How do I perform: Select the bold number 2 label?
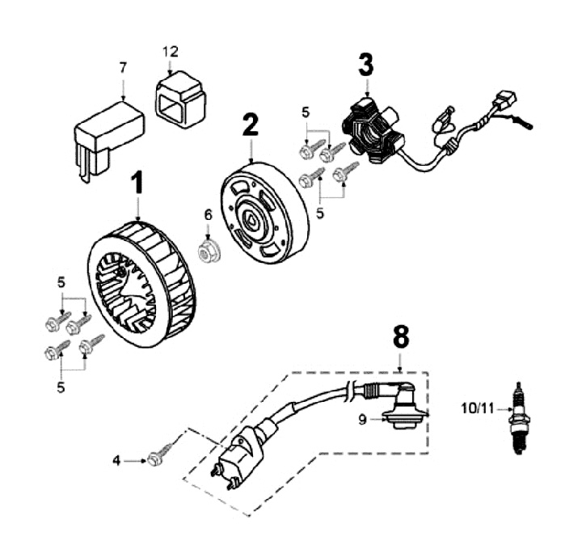tap(251, 125)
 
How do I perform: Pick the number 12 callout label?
tap(170, 51)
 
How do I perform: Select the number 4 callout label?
tap(116, 461)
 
